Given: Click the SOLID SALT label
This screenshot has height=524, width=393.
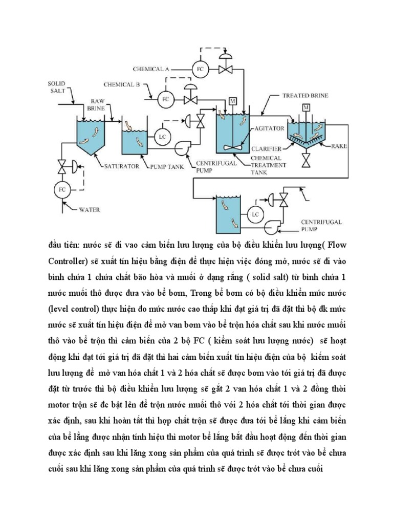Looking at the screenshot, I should pyautogui.click(x=57, y=86).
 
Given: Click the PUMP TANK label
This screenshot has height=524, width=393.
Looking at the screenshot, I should pyautogui.click(x=165, y=166).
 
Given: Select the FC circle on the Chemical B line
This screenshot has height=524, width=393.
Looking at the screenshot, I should pyautogui.click(x=165, y=99).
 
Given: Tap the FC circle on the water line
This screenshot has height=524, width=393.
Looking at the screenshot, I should pyautogui.click(x=60, y=190).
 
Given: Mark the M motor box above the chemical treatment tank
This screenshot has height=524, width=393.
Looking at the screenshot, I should pyautogui.click(x=233, y=100).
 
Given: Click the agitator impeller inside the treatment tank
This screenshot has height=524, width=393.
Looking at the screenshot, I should pyautogui.click(x=233, y=146).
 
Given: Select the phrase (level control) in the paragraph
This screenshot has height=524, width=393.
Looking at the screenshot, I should pyautogui.click(x=76, y=309).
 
